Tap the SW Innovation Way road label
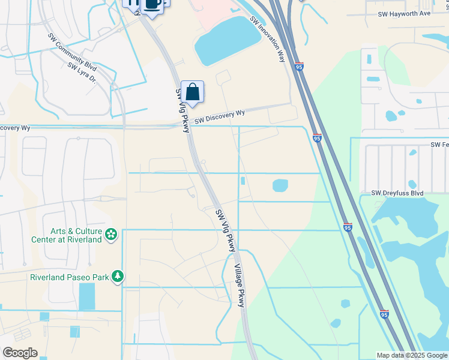click(267, 39)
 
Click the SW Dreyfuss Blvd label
click(397, 193)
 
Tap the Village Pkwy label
click(240, 286)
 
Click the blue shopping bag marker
click(192, 92)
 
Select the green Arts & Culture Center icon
click(111, 234)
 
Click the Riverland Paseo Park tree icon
click(119, 276)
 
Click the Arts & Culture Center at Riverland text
click(66, 235)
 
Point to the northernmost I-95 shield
click(299, 67)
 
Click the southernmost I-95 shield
click(384, 314)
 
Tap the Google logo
click(20, 353)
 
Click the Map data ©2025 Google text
click(412, 355)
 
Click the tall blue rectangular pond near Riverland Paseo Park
click(87, 296)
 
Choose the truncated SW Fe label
click(439, 145)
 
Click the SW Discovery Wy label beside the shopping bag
click(220, 115)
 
